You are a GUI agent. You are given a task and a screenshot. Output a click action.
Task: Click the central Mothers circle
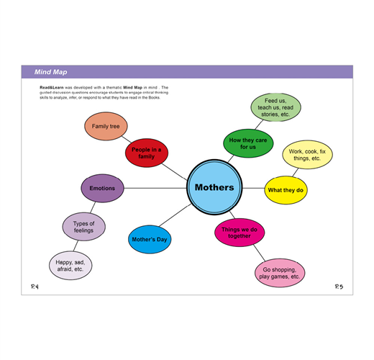pyautogui.click(x=214, y=187)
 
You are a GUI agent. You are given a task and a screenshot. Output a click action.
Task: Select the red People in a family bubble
pyautogui.click(x=147, y=153)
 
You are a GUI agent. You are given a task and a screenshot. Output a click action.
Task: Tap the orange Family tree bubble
pyautogui.click(x=106, y=126)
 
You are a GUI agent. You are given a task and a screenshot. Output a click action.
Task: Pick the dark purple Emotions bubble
pyautogui.click(x=102, y=188)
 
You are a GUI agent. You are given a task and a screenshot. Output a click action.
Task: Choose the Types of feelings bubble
pyautogui.click(x=83, y=227)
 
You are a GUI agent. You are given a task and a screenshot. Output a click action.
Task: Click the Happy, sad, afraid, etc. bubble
pyautogui.click(x=70, y=266)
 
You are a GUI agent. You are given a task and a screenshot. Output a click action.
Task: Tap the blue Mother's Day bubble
pyautogui.click(x=150, y=239)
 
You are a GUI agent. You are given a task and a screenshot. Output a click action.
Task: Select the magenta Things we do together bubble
pyautogui.click(x=240, y=233)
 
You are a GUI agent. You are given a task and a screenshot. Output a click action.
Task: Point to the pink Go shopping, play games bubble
pyautogui.click(x=280, y=273)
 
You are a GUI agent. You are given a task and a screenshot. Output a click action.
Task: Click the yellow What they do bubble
pyautogui.click(x=286, y=190)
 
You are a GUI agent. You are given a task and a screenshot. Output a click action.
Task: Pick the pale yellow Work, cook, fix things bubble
pyautogui.click(x=307, y=155)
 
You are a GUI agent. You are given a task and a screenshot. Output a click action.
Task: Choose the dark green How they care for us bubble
pyautogui.click(x=248, y=143)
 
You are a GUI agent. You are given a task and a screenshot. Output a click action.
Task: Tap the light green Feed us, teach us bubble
pyautogui.click(x=275, y=107)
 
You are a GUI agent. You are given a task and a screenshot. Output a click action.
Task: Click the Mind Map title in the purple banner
pyautogui.click(x=50, y=72)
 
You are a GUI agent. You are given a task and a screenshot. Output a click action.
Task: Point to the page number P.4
pyautogui.click(x=35, y=287)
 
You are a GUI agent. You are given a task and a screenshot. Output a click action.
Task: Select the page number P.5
pyautogui.click(x=339, y=287)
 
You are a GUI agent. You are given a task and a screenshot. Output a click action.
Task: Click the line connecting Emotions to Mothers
pyautogui.click(x=155, y=188)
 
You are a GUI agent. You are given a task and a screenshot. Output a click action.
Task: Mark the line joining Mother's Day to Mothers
pyautogui.click(x=175, y=215)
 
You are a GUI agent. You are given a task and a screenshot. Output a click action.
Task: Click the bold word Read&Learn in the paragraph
pyautogui.click(x=52, y=87)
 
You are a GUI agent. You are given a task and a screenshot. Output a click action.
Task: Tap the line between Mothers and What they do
pyautogui.click(x=253, y=188)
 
